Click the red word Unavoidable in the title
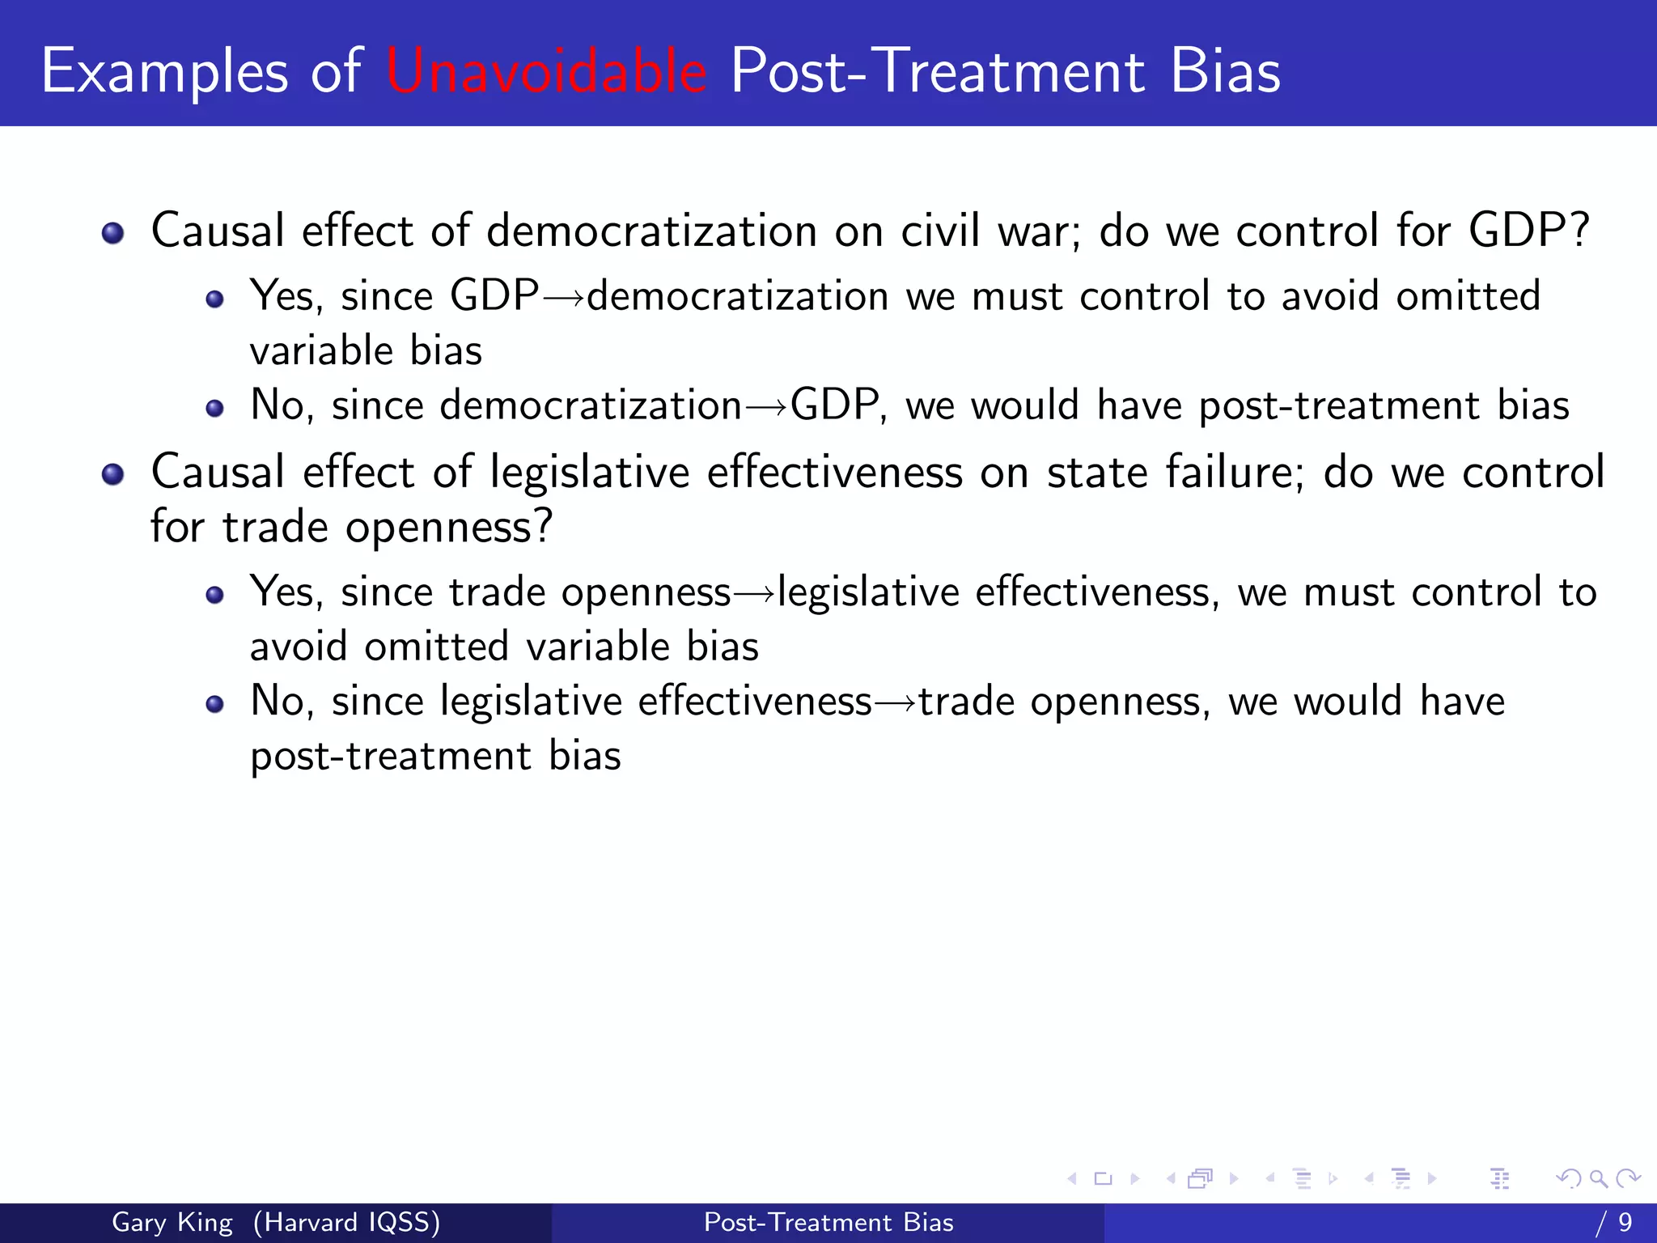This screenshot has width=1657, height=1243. click(546, 71)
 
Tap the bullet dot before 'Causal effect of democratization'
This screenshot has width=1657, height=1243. click(113, 234)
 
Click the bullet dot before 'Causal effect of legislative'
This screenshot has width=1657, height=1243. click(113, 474)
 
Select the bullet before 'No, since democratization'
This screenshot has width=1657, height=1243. click(214, 408)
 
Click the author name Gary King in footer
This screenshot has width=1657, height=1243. click(172, 1222)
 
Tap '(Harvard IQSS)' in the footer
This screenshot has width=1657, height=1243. click(346, 1222)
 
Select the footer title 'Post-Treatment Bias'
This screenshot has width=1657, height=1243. click(828, 1222)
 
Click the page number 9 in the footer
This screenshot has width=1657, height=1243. click(1625, 1222)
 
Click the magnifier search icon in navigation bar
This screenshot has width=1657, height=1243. click(1598, 1178)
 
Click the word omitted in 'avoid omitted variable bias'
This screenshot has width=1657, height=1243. click(436, 647)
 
